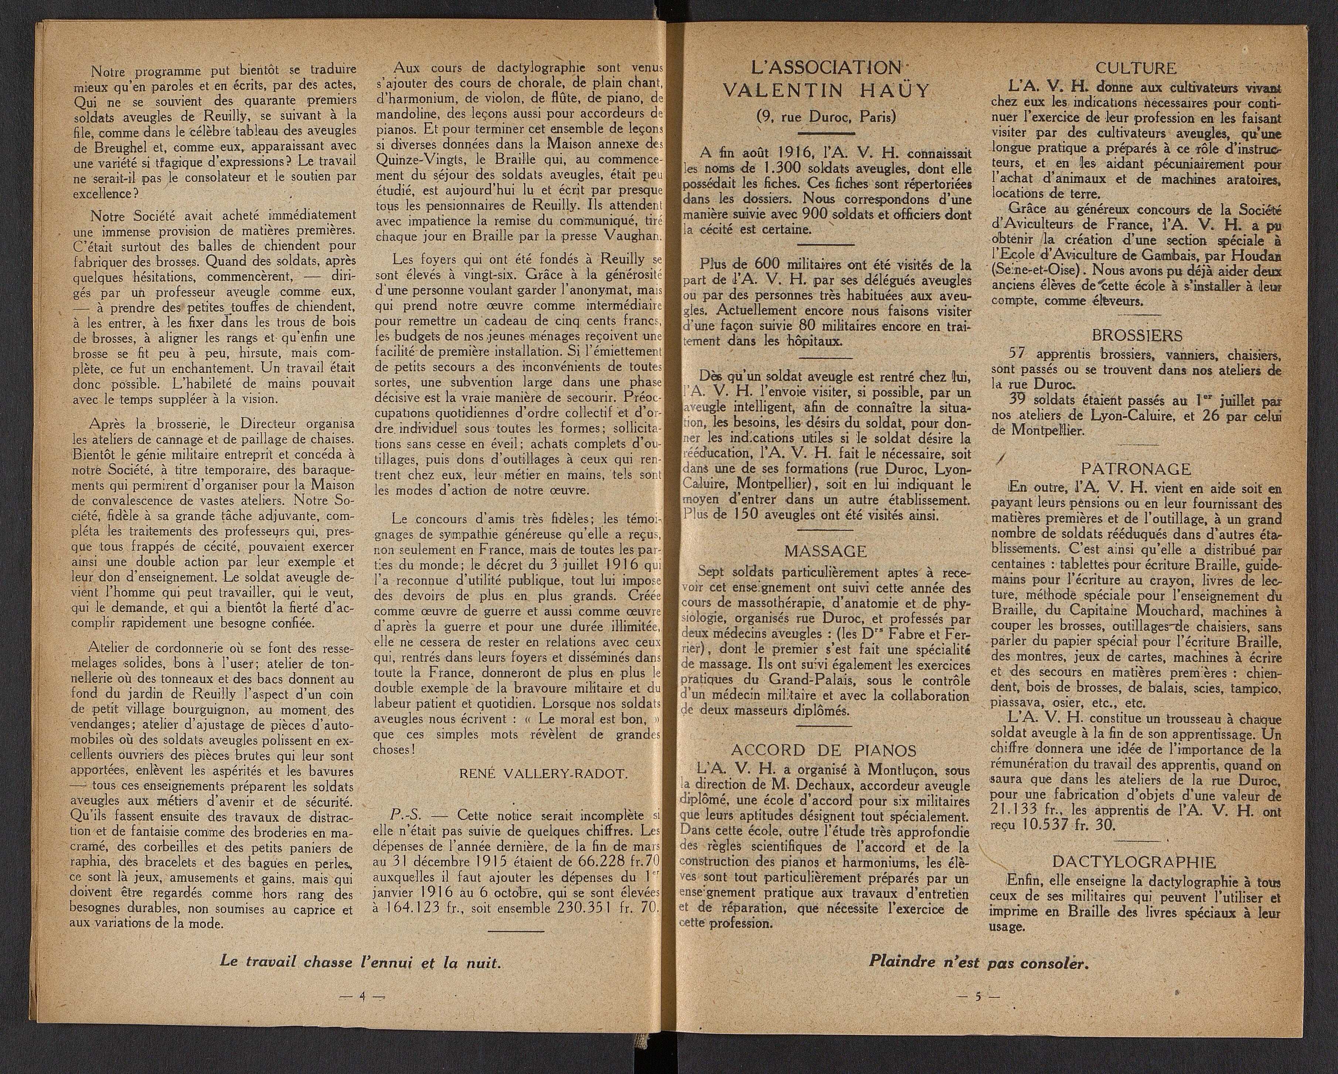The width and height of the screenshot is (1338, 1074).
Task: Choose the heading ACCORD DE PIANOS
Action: tap(824, 750)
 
